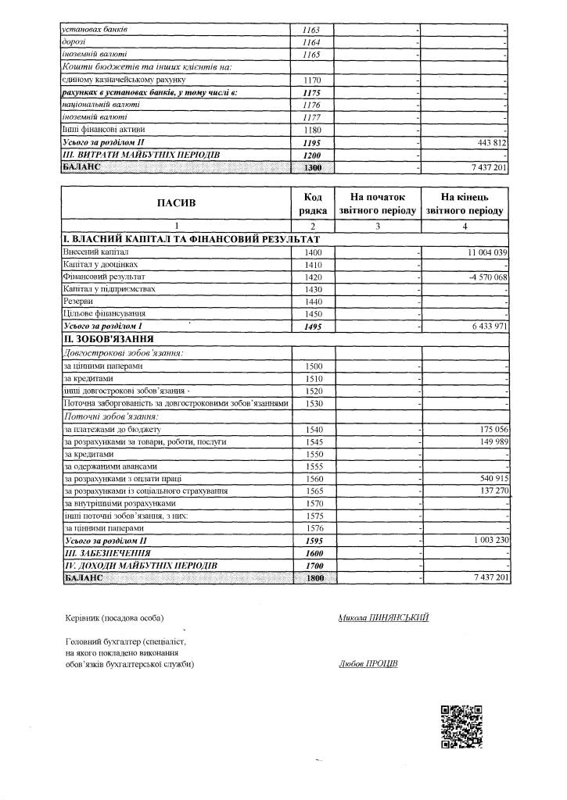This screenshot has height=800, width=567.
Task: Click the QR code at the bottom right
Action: [x=461, y=727]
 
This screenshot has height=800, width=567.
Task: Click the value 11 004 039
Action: [x=486, y=252]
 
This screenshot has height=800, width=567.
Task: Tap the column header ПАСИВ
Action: [x=177, y=203]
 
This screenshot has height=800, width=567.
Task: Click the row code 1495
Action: [x=313, y=326]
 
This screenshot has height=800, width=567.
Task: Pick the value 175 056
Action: [x=491, y=430]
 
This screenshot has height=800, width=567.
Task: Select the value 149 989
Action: [x=491, y=442]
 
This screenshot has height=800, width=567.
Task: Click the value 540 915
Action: [x=491, y=478]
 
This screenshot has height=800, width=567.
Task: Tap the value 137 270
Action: [x=491, y=491]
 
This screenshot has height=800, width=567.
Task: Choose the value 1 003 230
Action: [x=486, y=540]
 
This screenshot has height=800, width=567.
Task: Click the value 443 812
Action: [x=491, y=143]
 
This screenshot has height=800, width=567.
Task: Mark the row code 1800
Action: [x=313, y=577]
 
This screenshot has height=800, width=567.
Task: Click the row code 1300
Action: [x=313, y=168]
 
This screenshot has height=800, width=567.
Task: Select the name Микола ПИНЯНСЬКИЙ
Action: [x=383, y=617]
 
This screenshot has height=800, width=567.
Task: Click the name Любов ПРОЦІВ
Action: [x=368, y=664]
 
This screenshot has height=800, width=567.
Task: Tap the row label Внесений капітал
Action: [x=95, y=252]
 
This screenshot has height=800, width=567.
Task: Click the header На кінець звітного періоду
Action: [x=465, y=204]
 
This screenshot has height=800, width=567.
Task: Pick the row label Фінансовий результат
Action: [x=103, y=277]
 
